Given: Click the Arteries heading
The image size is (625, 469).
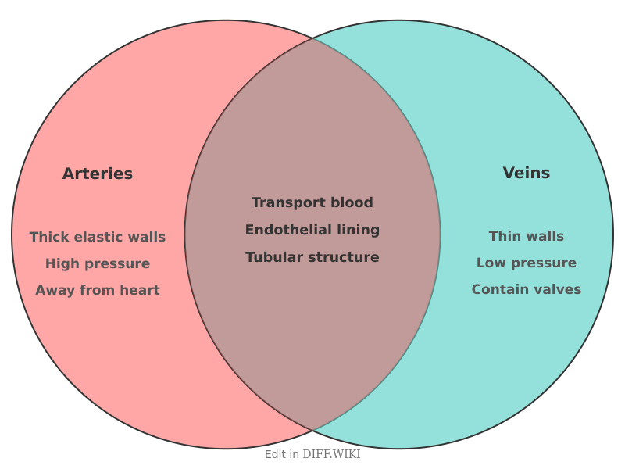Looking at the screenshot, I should pyautogui.click(x=98, y=174).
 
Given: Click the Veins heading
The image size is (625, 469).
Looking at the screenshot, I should pyautogui.click(x=526, y=173).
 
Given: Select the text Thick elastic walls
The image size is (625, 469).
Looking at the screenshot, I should pyautogui.click(x=98, y=237).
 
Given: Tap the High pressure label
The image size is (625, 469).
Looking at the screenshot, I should pyautogui.click(x=98, y=263).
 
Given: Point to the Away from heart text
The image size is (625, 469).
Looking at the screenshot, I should pyautogui.click(x=98, y=290).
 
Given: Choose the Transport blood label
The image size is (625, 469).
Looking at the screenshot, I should pyautogui.click(x=312, y=202).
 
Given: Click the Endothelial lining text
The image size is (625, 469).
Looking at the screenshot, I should pyautogui.click(x=312, y=230).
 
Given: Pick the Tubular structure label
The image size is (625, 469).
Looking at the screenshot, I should pyautogui.click(x=312, y=257).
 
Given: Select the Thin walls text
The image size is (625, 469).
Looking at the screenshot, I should pyautogui.click(x=526, y=236).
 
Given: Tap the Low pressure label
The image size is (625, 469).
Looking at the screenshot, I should pyautogui.click(x=526, y=263).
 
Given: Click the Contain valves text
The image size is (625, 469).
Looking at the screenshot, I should pyautogui.click(x=526, y=289).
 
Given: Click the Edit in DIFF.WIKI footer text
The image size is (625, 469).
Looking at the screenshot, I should pyautogui.click(x=312, y=454).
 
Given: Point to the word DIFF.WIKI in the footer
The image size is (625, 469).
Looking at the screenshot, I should pyautogui.click(x=331, y=454).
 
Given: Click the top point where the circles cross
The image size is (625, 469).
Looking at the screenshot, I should pyautogui.click(x=312, y=38).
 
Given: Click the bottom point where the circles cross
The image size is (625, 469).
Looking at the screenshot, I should pyautogui.click(x=312, y=431).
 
